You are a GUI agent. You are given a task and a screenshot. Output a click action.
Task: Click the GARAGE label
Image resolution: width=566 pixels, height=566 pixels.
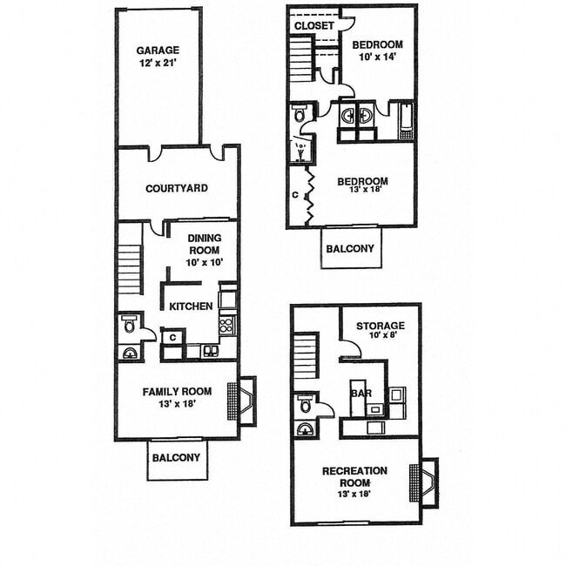157,51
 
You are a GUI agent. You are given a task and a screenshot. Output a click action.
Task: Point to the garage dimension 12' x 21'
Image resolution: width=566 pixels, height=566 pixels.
157,63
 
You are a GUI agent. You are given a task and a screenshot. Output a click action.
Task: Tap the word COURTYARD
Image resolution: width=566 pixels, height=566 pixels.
176,188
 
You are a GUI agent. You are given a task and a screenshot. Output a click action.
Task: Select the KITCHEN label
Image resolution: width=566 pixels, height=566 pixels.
191,307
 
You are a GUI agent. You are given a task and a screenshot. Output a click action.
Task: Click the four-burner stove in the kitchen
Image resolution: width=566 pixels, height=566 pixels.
226,327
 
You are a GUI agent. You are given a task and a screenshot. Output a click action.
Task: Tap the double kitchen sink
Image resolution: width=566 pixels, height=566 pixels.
210,351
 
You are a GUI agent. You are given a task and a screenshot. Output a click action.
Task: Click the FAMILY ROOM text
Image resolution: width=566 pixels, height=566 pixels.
177,392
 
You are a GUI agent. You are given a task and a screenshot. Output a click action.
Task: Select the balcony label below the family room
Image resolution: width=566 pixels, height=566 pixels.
176,457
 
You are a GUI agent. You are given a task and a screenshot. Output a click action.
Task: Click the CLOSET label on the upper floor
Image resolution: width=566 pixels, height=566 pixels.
313,26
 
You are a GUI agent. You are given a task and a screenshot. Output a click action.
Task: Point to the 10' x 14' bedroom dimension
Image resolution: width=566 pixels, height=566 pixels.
378,57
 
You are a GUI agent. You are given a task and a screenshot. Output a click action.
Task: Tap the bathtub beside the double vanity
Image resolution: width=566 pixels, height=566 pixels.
405,121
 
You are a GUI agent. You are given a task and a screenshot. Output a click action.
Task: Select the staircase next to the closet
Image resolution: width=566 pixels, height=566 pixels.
301,60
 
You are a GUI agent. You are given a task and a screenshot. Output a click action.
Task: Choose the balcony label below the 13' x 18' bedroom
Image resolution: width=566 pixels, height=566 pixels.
350,248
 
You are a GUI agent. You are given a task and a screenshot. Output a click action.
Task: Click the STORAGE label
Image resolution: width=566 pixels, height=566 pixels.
380,326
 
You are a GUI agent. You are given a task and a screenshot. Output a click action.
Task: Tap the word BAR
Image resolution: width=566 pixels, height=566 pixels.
360,393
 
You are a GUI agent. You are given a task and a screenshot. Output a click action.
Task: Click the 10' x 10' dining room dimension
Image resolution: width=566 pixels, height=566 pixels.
204,261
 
